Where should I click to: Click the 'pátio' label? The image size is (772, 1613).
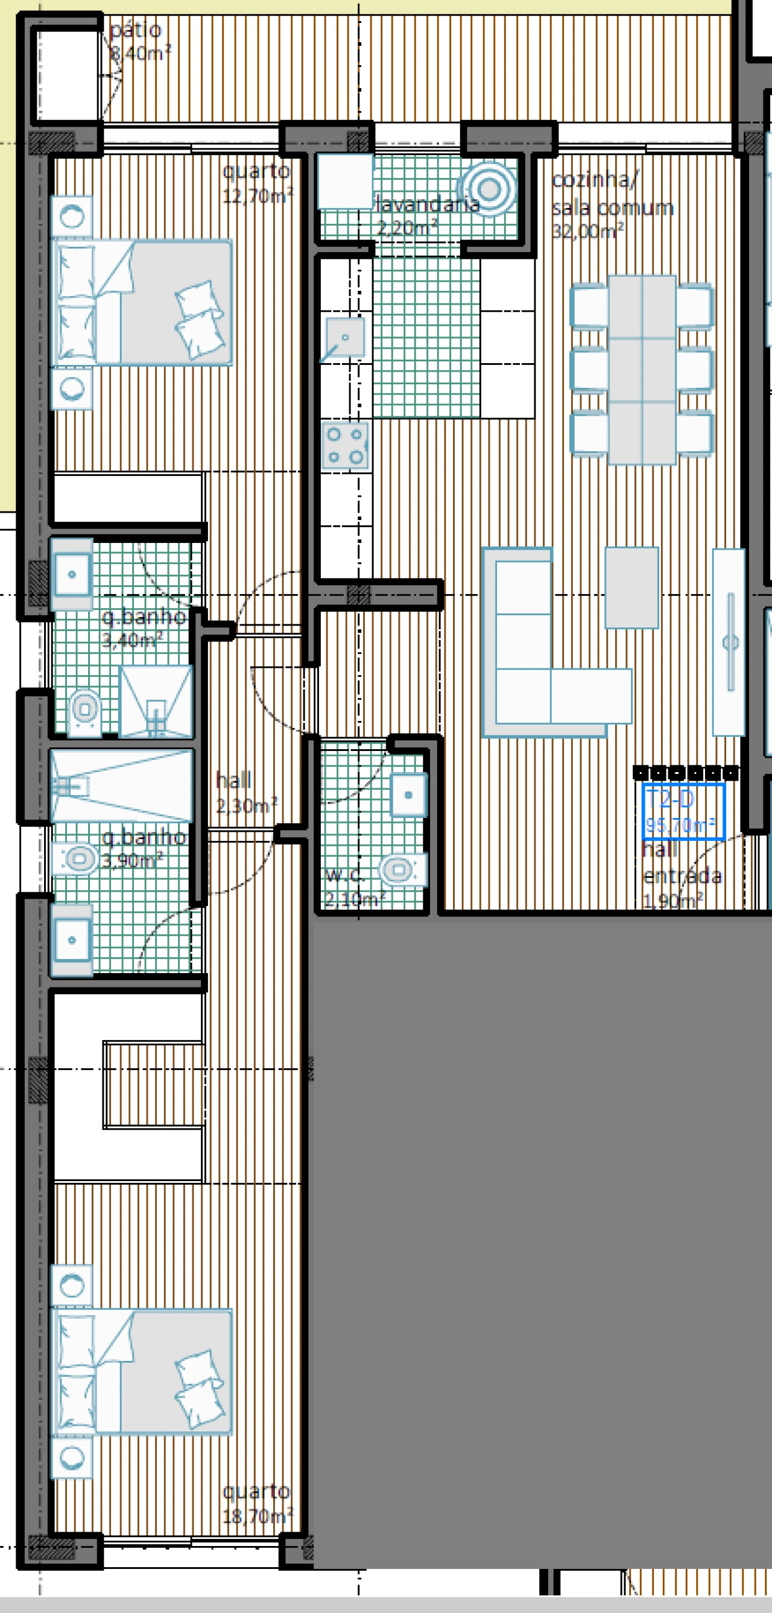(x=135, y=30)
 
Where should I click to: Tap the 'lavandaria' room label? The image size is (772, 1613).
(x=427, y=203)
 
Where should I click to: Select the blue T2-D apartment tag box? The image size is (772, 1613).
(x=683, y=811)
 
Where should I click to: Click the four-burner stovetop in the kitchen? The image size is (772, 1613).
(x=345, y=446)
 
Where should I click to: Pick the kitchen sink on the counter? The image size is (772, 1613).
(x=343, y=338)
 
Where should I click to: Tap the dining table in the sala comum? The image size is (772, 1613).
(x=642, y=369)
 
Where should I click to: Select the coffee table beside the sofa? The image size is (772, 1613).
(x=631, y=588)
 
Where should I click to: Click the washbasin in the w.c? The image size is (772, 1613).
(x=408, y=795)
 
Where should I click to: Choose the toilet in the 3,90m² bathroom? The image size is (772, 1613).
(x=78, y=858)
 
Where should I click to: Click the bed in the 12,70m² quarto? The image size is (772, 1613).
(x=144, y=302)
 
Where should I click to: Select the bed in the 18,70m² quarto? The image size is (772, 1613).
(x=144, y=1371)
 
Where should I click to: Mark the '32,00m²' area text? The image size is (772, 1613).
(x=587, y=232)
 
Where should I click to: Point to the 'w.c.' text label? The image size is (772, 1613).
(x=345, y=875)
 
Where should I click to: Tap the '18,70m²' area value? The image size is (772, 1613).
(x=258, y=1516)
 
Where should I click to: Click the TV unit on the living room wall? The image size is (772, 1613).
(x=729, y=642)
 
